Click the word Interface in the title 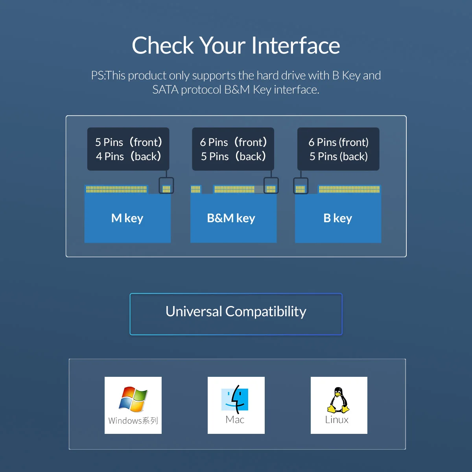pyautogui.click(x=296, y=45)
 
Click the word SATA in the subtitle pyautogui.click(x=165, y=90)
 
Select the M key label pyautogui.click(x=127, y=218)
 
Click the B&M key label pyautogui.click(x=231, y=218)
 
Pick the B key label pyautogui.click(x=338, y=218)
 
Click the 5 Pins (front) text pyautogui.click(x=129, y=142)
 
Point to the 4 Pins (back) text pyautogui.click(x=129, y=156)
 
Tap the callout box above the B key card pyautogui.click(x=338, y=149)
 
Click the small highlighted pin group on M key pyautogui.click(x=166, y=189)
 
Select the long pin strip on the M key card pyautogui.click(x=116, y=189)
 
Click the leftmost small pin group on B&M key pyautogui.click(x=195, y=189)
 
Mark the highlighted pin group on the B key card pyautogui.click(x=300, y=189)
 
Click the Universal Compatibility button pyautogui.click(x=236, y=314)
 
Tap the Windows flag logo pyautogui.click(x=133, y=399)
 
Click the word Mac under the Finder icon pyautogui.click(x=235, y=420)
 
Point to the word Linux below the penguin pyautogui.click(x=337, y=420)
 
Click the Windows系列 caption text pyautogui.click(x=133, y=420)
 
